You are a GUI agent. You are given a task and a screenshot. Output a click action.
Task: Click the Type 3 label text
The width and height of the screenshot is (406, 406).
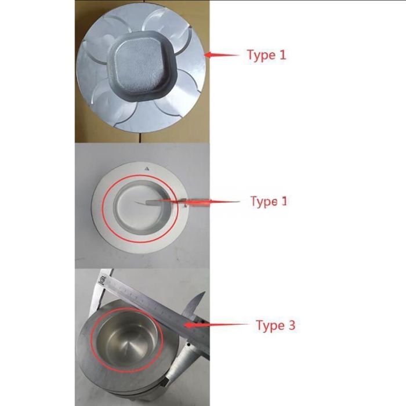(275, 325)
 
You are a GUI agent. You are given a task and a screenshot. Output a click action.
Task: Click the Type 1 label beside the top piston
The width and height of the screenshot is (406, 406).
(266, 56)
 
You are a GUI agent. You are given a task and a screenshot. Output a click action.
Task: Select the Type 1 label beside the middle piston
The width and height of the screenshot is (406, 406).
(269, 201)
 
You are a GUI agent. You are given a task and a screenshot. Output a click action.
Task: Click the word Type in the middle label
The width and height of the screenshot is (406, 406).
(263, 202)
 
